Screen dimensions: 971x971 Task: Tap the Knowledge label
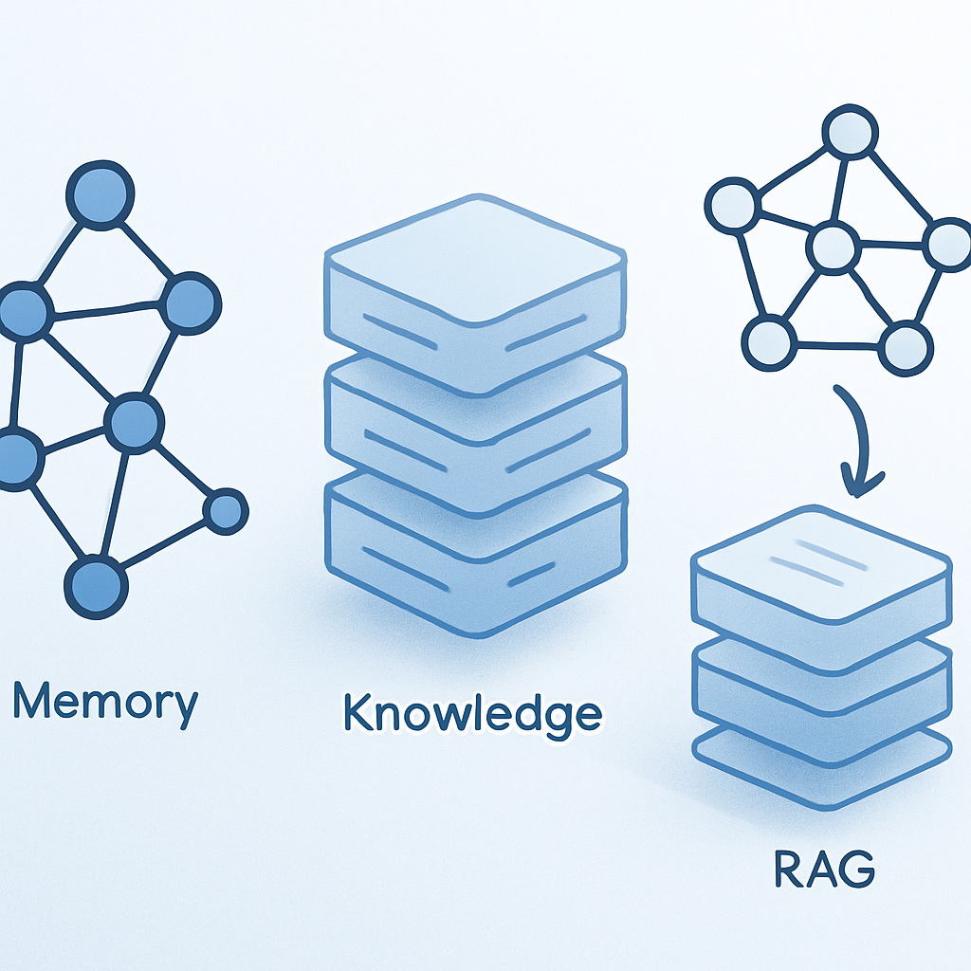(x=472, y=714)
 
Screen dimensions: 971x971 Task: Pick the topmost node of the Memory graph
(x=100, y=194)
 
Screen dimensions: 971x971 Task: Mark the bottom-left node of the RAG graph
(x=766, y=342)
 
